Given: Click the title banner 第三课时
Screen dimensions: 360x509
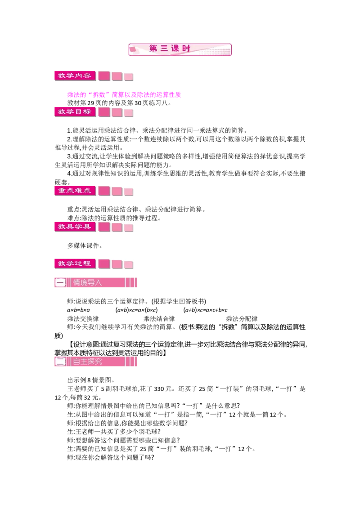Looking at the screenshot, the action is coord(180,49).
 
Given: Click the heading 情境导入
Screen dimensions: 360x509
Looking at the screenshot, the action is coord(87,282).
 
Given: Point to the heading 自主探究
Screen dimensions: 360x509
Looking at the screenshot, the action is coord(87,362).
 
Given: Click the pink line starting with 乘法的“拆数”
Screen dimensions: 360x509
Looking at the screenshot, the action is coord(124,94).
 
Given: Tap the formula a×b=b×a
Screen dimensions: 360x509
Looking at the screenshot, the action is coord(78,310).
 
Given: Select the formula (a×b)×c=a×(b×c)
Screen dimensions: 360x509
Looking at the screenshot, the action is coord(136,310).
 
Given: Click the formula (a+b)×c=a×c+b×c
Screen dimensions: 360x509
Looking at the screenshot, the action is coord(205,310).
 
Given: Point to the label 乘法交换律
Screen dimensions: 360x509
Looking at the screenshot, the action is coord(83,319).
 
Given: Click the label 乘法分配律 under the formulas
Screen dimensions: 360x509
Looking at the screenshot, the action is coord(242,319).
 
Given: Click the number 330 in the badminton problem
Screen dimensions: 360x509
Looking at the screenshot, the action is coord(159,389).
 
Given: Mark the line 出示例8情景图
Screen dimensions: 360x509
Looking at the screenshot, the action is coord(91,380).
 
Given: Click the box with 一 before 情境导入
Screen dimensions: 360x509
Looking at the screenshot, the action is coord(60,282).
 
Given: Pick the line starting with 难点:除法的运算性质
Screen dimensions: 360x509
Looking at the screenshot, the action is coord(114,218).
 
